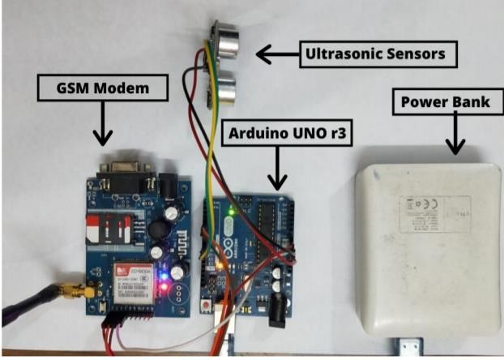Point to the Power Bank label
(x=441, y=102)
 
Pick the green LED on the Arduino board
(x=231, y=213)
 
